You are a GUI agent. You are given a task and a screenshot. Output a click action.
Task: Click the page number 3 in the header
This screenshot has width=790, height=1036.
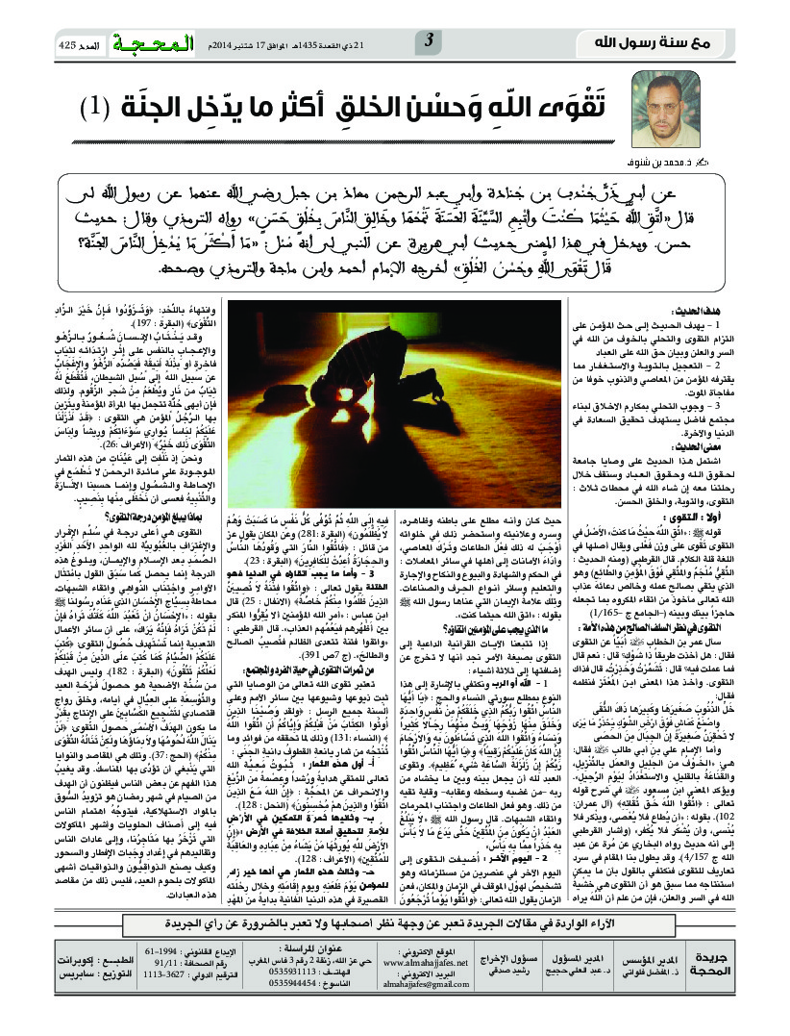(x=429, y=40)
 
